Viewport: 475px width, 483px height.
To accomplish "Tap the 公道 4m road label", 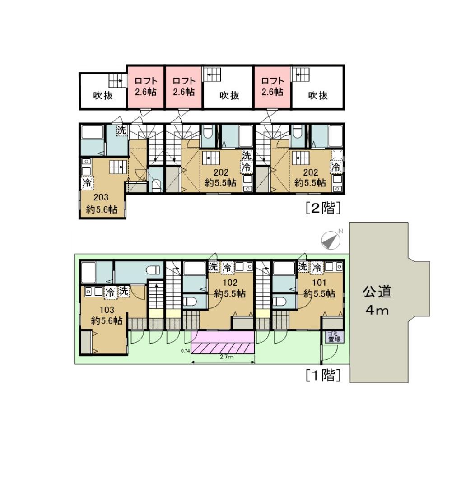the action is click(x=377, y=300).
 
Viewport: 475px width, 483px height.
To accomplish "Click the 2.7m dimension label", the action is click(x=226, y=357).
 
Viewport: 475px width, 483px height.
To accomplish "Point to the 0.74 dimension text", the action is click(x=185, y=351).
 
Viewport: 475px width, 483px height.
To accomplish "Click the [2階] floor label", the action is click(x=323, y=208).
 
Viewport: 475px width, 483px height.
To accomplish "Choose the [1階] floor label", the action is click(x=323, y=375).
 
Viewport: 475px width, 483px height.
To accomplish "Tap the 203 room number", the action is click(x=101, y=197).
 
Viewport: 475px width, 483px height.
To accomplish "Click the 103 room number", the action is click(x=107, y=310).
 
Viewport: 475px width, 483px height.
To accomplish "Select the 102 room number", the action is click(x=230, y=283).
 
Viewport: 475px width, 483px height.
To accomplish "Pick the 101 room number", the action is click(x=319, y=283).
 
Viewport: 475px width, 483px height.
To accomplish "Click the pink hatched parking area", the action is click(x=223, y=342).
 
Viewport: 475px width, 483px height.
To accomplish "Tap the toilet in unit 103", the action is click(x=154, y=270).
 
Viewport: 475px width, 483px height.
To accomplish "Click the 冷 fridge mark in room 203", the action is click(x=87, y=182).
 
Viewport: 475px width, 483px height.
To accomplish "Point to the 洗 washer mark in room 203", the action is click(x=121, y=130).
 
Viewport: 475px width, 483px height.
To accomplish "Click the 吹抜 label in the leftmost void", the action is click(x=103, y=95).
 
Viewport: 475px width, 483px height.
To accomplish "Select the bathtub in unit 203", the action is click(x=93, y=132).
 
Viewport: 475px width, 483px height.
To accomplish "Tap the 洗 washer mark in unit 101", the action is click(x=303, y=266).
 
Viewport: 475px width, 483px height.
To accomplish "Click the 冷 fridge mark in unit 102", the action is click(x=227, y=267).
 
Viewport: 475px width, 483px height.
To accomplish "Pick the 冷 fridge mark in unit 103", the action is click(x=110, y=292).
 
